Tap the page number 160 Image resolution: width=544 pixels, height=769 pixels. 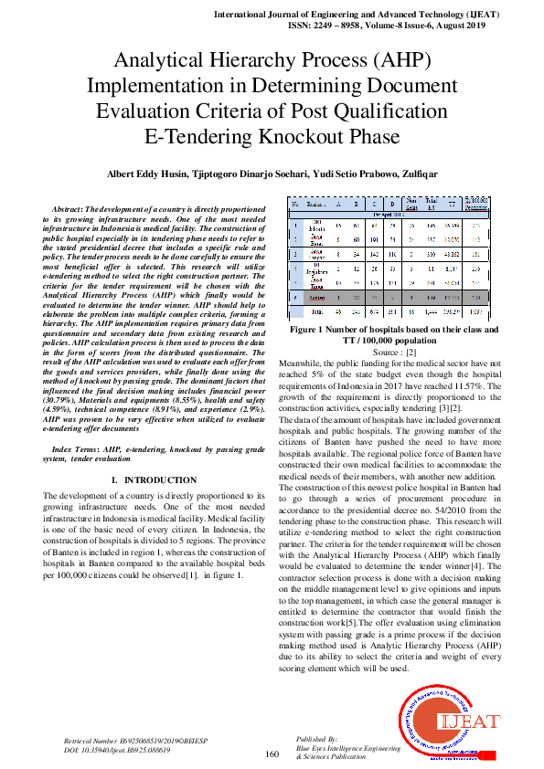tap(272, 753)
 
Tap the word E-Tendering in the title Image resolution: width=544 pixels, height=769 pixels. tap(193, 137)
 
